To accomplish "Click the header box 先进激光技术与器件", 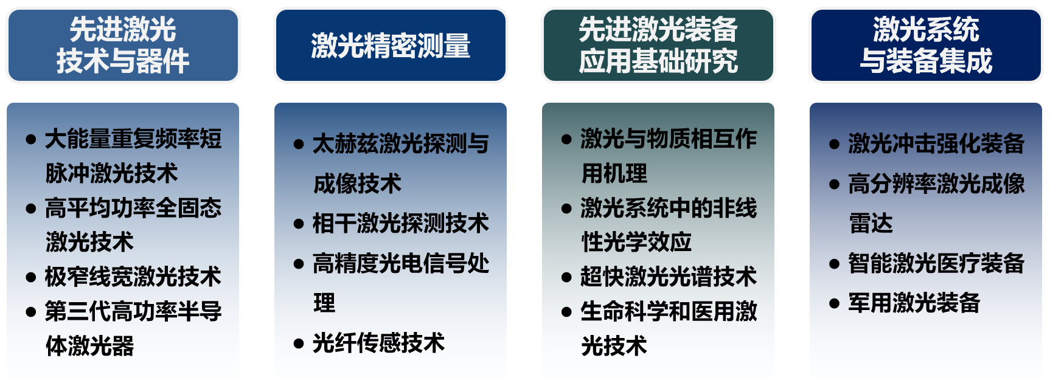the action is point(123,45).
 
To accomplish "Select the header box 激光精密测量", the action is point(391,45).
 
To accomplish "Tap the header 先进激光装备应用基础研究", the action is point(658,45).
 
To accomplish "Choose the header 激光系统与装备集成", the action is point(926,45).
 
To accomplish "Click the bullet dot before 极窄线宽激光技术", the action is point(31,278).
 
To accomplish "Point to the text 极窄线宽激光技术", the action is point(133,277).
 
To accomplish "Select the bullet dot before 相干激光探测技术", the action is point(299,224).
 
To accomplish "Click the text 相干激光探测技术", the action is point(401,223).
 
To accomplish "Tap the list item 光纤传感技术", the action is point(378,343).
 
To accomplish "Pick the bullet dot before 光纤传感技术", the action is point(299,344).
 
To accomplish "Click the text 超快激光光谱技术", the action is point(669,277).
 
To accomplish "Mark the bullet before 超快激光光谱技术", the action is point(566,278).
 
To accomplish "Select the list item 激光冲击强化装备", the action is point(936,143).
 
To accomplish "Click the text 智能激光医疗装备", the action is point(936,263).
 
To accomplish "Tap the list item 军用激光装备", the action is point(914,303).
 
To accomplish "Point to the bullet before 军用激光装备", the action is point(834,304).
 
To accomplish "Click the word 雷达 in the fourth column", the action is point(871,223).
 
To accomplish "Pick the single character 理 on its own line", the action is point(324,303).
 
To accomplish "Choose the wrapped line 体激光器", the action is point(90,346).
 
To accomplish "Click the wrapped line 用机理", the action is point(614,173).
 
